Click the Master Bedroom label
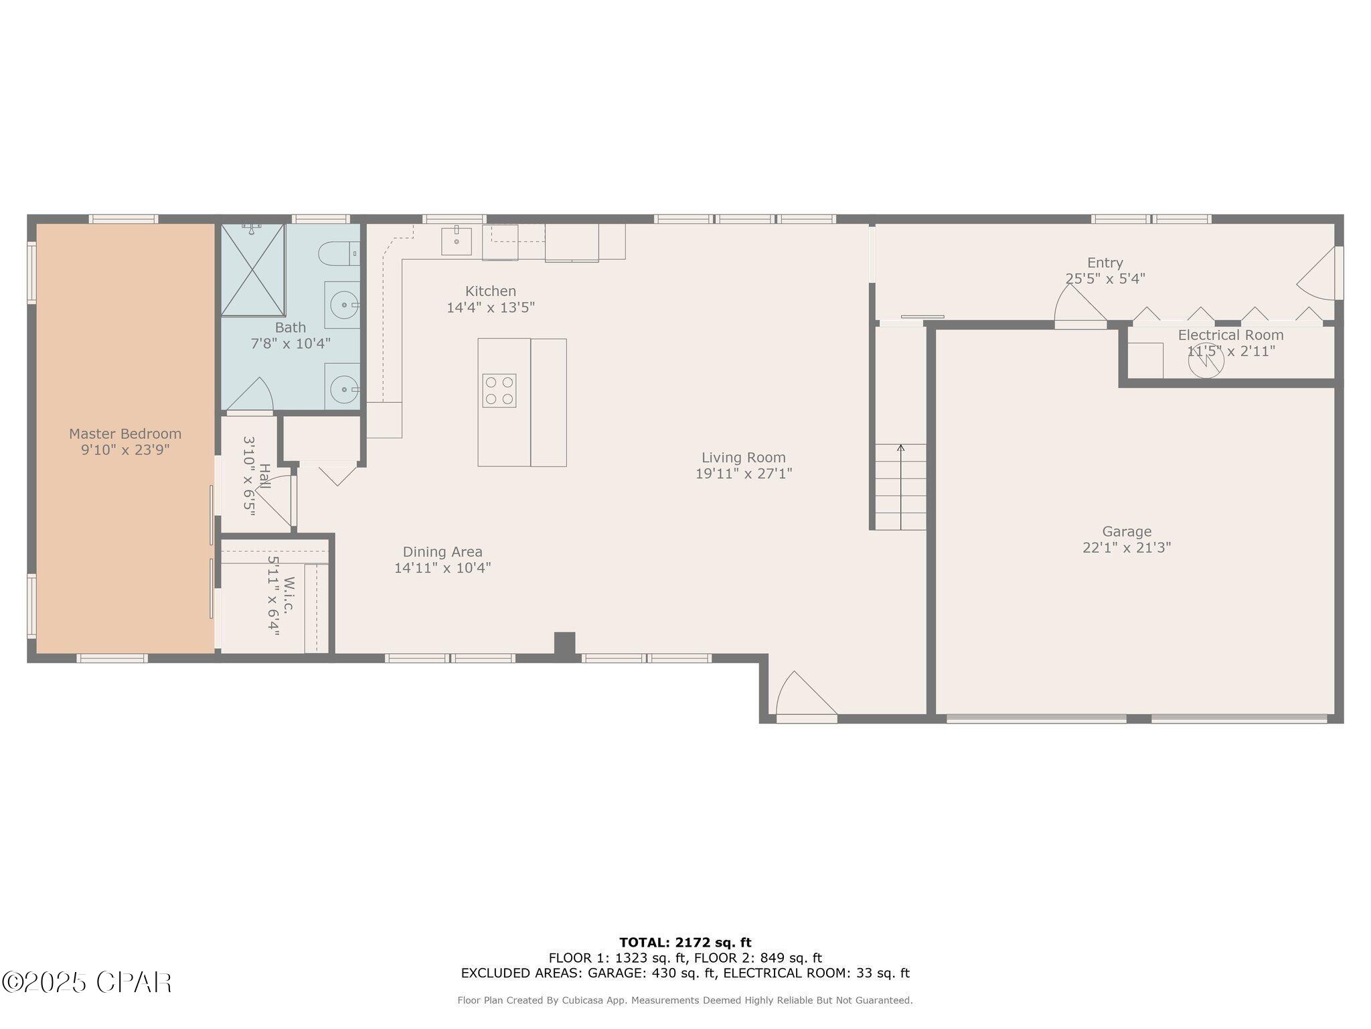tap(125, 434)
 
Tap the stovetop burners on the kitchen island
tap(499, 391)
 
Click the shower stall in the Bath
tap(253, 270)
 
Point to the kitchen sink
tap(457, 241)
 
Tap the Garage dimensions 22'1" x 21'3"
tap(1127, 548)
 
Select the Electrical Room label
tap(1231, 335)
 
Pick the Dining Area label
tap(442, 552)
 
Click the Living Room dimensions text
tap(744, 474)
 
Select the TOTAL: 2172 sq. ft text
tap(685, 943)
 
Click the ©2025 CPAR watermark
tap(87, 983)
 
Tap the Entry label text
tap(1105, 263)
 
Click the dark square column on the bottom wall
tap(564, 644)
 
